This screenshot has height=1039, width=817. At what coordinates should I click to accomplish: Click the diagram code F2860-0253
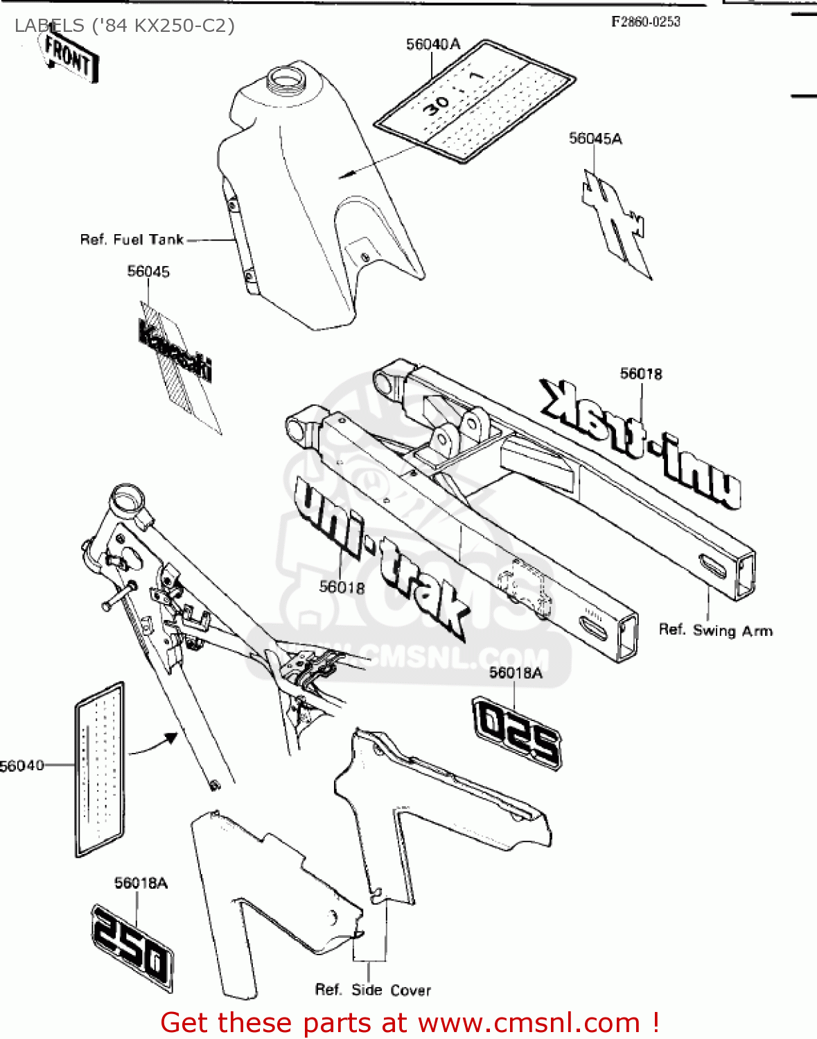tap(645, 22)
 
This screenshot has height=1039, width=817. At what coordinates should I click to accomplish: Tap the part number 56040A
tap(432, 44)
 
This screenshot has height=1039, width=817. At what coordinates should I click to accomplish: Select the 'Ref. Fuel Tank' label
tap(132, 240)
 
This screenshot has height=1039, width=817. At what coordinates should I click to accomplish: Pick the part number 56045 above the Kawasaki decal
tap(148, 272)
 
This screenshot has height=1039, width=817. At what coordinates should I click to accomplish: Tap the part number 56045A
tap(595, 139)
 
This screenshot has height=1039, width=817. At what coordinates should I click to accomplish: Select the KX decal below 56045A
tap(615, 223)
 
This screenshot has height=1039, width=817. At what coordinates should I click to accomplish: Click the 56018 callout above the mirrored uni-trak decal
tap(641, 374)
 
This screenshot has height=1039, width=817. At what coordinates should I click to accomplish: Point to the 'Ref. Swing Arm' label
tap(715, 630)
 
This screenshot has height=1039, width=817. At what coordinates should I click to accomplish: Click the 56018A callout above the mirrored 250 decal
tap(516, 673)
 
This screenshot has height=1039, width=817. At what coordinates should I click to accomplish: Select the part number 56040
tap(22, 765)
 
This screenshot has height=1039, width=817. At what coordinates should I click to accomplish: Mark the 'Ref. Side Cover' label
tap(373, 991)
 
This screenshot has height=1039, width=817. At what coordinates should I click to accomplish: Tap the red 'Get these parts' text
tap(409, 1022)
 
